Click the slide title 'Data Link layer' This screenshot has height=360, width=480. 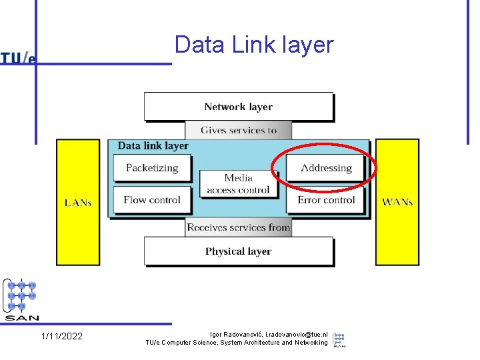click(x=253, y=45)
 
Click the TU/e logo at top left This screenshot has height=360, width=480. click(x=18, y=58)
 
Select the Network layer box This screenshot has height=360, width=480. click(x=238, y=107)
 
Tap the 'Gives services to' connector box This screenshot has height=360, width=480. click(x=238, y=130)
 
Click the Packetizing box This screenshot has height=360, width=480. click(x=152, y=168)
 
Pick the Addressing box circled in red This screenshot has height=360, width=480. click(x=326, y=168)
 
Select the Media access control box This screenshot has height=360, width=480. click(x=238, y=184)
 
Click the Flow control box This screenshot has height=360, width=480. click(x=152, y=200)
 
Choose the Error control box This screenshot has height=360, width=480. click(x=326, y=200)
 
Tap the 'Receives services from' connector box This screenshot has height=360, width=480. click(x=238, y=227)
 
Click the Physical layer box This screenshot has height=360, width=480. click(x=238, y=251)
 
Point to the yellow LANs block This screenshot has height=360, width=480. click(x=78, y=202)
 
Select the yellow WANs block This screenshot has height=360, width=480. click(x=397, y=202)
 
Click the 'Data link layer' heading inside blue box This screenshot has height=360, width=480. click(x=153, y=146)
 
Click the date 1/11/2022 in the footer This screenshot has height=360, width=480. click(x=62, y=336)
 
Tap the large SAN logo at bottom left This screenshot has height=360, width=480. click(x=21, y=300)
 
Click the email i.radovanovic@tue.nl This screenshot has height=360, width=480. click(x=296, y=334)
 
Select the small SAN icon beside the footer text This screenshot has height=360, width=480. click(x=339, y=339)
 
